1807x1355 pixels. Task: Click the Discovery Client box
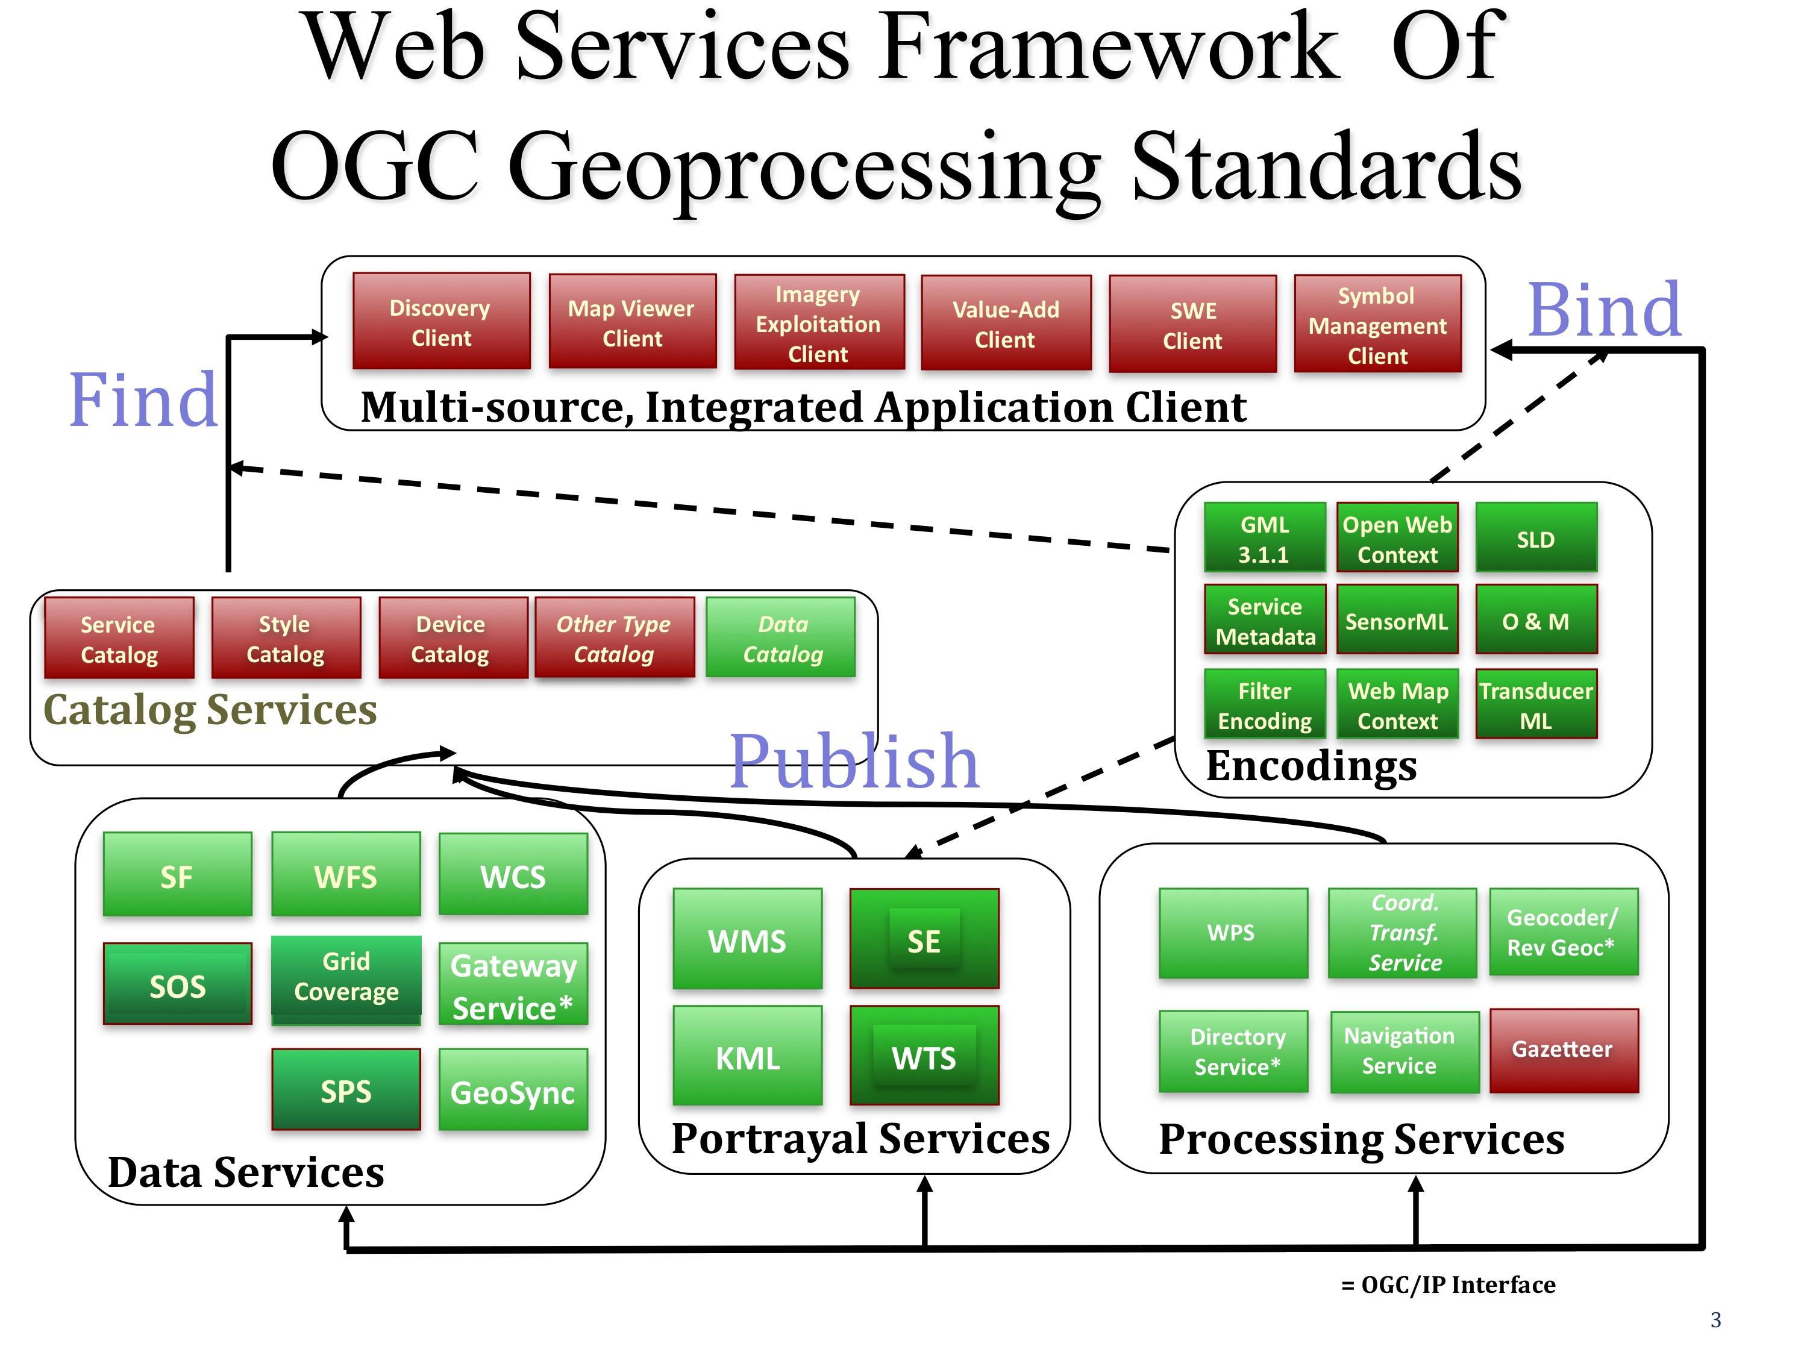441,322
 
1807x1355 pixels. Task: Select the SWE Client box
1192,324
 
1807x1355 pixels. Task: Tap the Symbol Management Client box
1377,324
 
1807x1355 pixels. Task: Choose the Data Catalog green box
781,638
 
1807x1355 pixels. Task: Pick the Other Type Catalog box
615,638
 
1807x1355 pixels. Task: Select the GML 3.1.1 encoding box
1265,538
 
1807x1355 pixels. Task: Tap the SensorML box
1397,620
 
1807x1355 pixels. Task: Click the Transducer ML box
1536,705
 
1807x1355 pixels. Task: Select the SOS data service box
177,984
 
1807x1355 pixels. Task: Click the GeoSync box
513,1091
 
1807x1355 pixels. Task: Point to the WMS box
748,939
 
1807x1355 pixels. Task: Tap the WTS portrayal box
924,1056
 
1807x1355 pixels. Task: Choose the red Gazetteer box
1564,1050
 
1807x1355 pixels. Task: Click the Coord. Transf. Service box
1403,933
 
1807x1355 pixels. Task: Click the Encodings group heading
1311,767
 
